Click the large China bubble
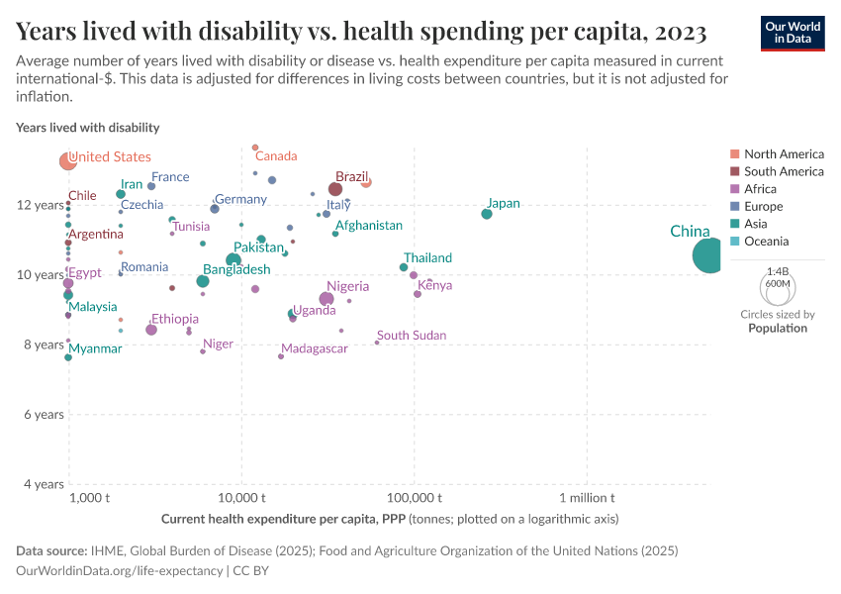click(710, 256)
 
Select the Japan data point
click(487, 214)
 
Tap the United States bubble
click(68, 161)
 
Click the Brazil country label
click(351, 177)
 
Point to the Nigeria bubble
click(327, 299)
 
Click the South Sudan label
click(412, 336)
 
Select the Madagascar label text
click(315, 349)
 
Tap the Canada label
click(276, 156)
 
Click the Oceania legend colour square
click(734, 242)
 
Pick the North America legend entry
click(783, 154)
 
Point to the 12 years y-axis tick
click(42, 205)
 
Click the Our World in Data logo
click(794, 33)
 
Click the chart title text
click(361, 33)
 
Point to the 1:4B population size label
click(778, 270)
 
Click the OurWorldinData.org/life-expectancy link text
click(120, 571)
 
